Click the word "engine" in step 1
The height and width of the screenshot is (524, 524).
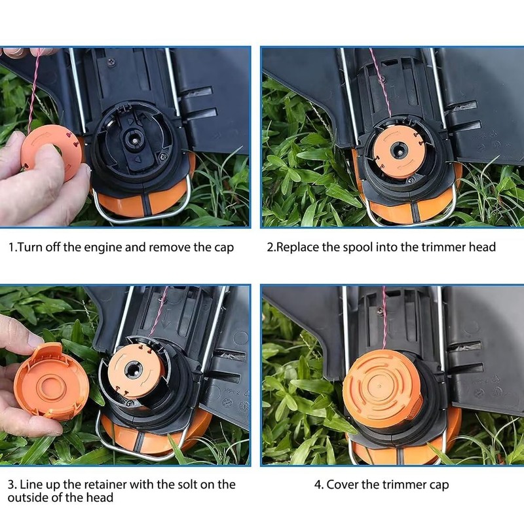point(103,248)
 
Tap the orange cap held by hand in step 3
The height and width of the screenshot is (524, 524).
point(51,382)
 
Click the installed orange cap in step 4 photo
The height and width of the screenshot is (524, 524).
point(381,388)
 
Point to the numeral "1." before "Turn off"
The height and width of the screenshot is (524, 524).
point(12,248)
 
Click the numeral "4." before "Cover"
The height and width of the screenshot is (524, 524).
point(318,485)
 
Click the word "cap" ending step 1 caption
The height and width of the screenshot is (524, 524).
point(223,248)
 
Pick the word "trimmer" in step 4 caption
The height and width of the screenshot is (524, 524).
point(404,485)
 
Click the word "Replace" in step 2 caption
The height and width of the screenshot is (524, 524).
point(297,248)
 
